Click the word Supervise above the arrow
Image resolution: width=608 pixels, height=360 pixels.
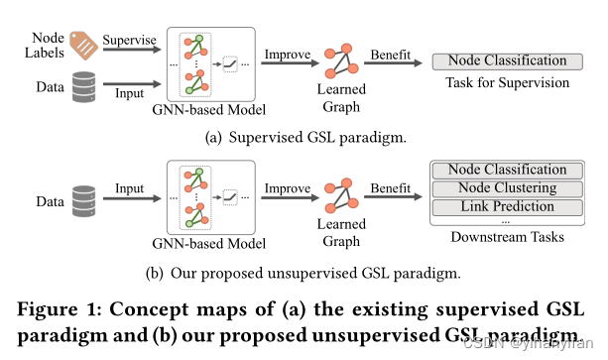pyautogui.click(x=132, y=40)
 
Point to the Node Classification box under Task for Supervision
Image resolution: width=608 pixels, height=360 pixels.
pyautogui.click(x=508, y=61)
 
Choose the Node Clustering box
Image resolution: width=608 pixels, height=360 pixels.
pyautogui.click(x=508, y=188)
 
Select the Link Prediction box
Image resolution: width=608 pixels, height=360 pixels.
pyautogui.click(x=508, y=206)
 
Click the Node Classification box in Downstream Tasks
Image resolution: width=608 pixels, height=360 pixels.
pyautogui.click(x=508, y=171)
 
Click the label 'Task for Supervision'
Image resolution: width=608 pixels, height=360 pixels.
pyautogui.click(x=508, y=83)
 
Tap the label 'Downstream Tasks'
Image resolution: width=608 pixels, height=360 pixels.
pyautogui.click(x=508, y=237)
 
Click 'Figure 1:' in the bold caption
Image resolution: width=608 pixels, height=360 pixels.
pyautogui.click(x=58, y=301)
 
